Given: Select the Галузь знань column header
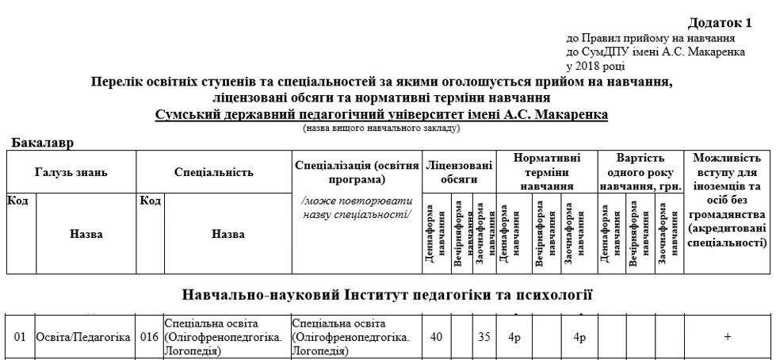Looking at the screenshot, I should (x=71, y=171).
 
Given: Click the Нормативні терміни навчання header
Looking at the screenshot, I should (x=547, y=171).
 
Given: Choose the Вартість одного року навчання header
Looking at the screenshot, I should (x=641, y=171).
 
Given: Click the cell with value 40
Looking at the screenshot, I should (x=436, y=337).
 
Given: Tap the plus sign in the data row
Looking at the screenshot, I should (x=728, y=337).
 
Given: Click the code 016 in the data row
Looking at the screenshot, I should (x=150, y=338).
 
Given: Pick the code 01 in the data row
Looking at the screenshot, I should (x=20, y=338).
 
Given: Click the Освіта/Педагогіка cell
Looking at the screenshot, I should (x=83, y=338).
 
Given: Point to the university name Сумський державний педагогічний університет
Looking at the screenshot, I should (x=381, y=115).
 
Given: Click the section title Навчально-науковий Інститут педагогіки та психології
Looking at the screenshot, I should (x=388, y=297).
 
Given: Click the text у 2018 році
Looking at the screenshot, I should (x=595, y=65).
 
